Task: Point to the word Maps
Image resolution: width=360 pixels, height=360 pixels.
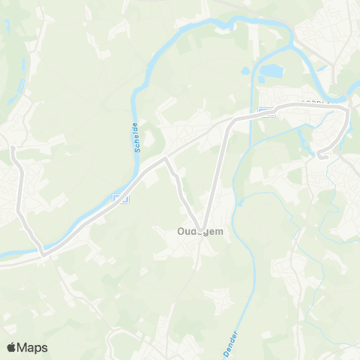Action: point(34,347)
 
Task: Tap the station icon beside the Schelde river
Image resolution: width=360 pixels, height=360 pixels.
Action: point(120,198)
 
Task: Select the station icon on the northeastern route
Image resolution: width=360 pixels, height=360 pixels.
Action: point(265,112)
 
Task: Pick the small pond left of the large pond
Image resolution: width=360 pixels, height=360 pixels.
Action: point(246,73)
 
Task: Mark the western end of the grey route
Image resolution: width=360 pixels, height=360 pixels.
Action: point(12,148)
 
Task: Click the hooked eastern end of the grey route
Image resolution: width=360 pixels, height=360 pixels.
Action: point(320,156)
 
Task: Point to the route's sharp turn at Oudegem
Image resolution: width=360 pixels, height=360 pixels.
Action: point(200,226)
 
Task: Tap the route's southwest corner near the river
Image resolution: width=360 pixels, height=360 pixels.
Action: point(43,254)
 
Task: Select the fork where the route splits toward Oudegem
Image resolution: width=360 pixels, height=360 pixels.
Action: point(166,159)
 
